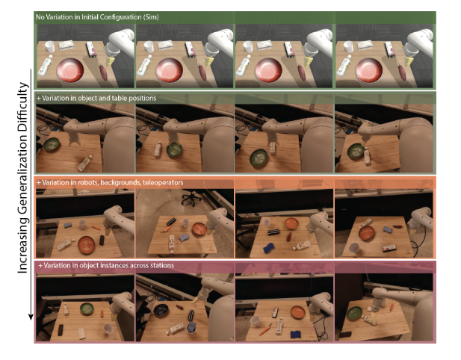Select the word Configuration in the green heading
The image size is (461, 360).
coord(120,17)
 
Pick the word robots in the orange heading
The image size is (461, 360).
coord(87,182)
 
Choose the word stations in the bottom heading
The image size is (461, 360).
coord(161,265)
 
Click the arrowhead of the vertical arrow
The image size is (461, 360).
coord(31,317)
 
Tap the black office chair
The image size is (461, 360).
coord(191,197)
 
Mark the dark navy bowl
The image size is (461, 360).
coord(161,311)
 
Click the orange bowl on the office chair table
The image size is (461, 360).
coord(199,229)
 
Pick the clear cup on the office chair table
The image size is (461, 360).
coord(185,223)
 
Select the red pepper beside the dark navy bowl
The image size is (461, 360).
coord(179,307)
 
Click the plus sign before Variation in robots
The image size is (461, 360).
coord(38,182)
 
